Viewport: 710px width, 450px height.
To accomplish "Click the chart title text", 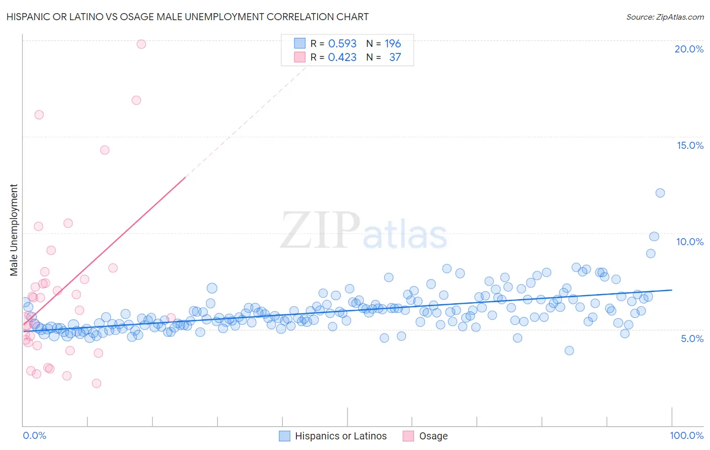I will tap(187, 17).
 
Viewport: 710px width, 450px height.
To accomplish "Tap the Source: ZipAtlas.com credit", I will tap(665, 17).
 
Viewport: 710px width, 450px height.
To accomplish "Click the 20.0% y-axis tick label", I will tap(689, 49).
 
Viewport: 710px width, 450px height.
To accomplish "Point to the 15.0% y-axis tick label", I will tap(690, 145).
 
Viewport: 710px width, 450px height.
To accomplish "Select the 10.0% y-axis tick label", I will tap(690, 242).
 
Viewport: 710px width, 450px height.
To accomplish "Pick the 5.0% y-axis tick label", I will tap(692, 339).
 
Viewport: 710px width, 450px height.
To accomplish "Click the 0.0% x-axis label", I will tap(34, 435).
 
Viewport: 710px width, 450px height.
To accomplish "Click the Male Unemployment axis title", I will tap(14, 230).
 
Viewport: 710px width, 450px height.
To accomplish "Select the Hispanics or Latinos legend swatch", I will tap(285, 436).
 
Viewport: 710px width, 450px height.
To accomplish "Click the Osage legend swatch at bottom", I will tap(408, 436).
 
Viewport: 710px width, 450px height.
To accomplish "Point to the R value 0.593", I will tap(342, 43).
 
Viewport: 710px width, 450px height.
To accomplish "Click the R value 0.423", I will tap(342, 58).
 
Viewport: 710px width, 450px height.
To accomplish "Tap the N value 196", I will tap(393, 43).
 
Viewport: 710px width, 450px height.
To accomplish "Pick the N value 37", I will tap(395, 58).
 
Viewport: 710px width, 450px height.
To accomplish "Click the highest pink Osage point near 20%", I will tap(141, 44).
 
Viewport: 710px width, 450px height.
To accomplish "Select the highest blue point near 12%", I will tap(660, 193).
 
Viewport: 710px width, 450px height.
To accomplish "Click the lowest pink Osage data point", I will tap(96, 383).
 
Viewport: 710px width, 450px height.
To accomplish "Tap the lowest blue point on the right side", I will tap(569, 351).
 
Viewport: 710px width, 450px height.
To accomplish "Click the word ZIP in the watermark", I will tap(320, 231).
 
